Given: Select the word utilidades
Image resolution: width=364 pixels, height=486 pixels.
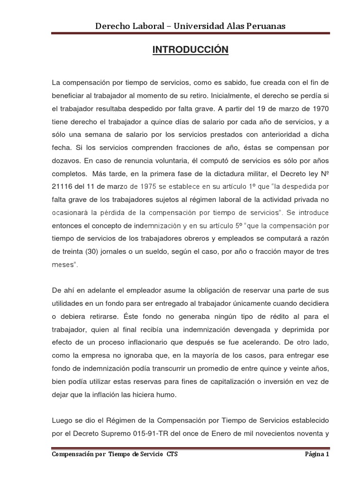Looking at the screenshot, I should pos(67,302).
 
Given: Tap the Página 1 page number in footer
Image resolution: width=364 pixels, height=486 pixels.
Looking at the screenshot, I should pos(316,454).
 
